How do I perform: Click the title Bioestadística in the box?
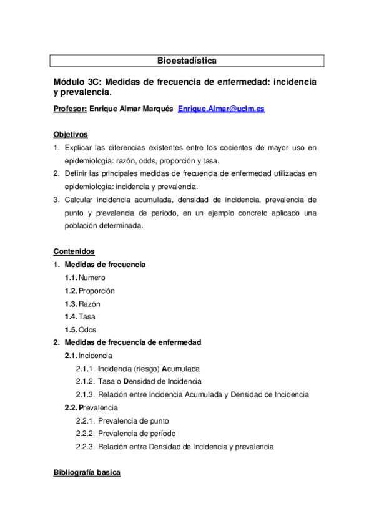point(187,61)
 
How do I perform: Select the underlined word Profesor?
point(70,109)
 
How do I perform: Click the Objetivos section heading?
point(71,134)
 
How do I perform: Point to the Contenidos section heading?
point(74,251)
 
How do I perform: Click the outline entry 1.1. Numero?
point(85,277)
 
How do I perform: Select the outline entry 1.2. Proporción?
point(89,290)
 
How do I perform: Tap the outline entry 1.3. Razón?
point(82,303)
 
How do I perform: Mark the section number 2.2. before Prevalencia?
point(71,407)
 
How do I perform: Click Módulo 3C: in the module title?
point(77,82)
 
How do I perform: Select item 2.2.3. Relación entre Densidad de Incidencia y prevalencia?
point(174,447)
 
